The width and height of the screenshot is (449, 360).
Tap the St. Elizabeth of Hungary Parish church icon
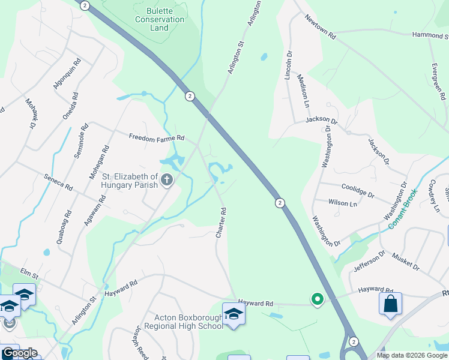coord(167,179)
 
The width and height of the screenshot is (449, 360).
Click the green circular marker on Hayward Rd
coord(316,298)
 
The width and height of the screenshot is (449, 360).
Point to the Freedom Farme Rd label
coord(156,138)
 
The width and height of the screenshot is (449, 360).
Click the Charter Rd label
coord(222,222)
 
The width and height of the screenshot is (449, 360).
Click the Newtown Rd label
coord(320,27)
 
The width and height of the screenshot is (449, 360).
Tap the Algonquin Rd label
coord(67,74)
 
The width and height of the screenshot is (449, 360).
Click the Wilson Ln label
coord(343,203)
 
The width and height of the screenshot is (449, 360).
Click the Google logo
coord(19,352)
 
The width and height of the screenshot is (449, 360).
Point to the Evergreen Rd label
coord(438,80)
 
